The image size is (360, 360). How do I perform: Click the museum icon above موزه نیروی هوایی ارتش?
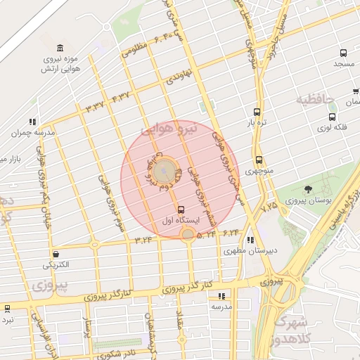tap(60, 48)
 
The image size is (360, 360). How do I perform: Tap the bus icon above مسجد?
tap(343, 53)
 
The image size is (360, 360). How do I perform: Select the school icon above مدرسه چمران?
tap(32, 122)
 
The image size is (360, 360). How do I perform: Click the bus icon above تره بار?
tap(257, 112)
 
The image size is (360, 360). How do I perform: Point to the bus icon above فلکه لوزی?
tap(332, 117)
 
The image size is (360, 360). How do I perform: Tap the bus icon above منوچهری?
tap(259, 160)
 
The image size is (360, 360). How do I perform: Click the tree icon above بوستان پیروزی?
tap(307, 189)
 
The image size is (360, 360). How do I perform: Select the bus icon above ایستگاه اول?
tap(181, 210)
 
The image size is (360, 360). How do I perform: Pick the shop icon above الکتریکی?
tap(56, 254)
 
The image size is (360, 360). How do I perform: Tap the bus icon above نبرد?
tap(7, 308)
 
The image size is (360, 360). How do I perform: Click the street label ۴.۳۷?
tap(120, 96)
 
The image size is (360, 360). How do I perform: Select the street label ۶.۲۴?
tap(231, 231)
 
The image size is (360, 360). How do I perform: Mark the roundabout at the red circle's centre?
tap(166, 169)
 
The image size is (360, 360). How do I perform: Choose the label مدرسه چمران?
tap(32, 132)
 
